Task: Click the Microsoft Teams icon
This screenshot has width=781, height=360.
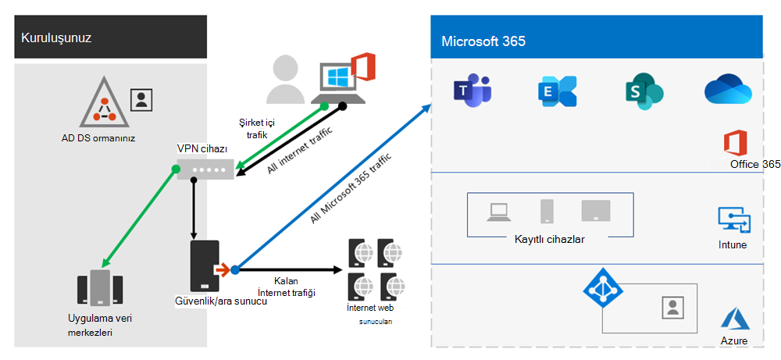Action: (x=471, y=90)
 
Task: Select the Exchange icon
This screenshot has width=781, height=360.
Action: (x=558, y=91)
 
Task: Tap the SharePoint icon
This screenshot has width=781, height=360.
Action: (x=644, y=91)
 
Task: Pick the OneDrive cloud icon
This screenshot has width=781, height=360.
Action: (x=728, y=88)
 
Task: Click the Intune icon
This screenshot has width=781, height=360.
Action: (x=734, y=219)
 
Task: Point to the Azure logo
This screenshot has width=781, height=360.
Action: (x=734, y=319)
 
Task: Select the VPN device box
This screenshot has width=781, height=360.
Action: (x=205, y=169)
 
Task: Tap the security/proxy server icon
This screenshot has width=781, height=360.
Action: (x=205, y=266)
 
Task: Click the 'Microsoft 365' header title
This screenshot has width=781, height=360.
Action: (x=483, y=41)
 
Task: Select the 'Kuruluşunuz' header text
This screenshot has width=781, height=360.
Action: (x=56, y=37)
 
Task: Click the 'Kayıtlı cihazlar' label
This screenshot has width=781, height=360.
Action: (x=549, y=239)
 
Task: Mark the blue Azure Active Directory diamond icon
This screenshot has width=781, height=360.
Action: (x=600, y=287)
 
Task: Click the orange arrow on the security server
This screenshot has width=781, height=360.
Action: (x=222, y=270)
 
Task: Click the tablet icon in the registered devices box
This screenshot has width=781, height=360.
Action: (x=596, y=210)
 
